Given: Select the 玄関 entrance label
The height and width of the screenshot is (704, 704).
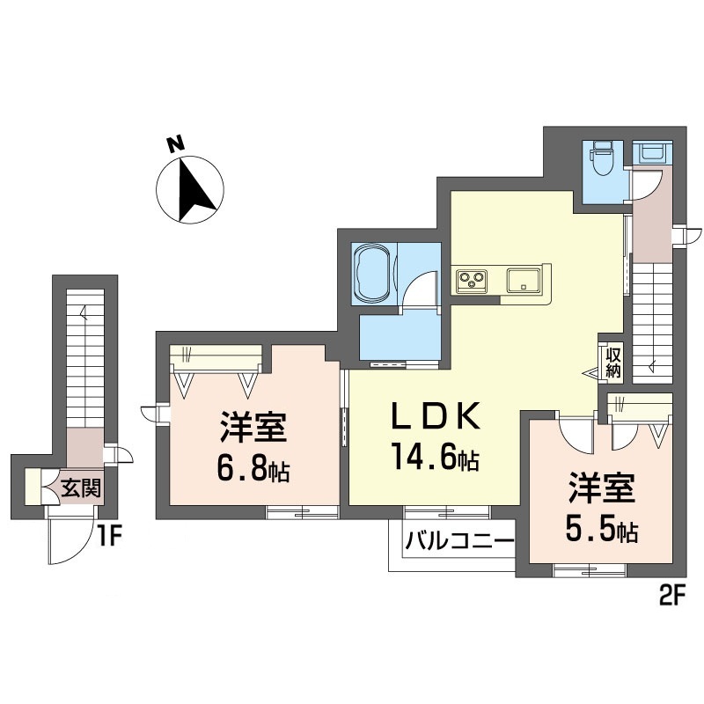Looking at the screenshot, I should coord(80,487).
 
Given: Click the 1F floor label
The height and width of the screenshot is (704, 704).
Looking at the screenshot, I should coord(107,533).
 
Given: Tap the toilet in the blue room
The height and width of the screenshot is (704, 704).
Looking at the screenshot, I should coord(604,160).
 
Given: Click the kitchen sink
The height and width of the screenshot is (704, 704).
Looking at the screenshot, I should coord(525,281).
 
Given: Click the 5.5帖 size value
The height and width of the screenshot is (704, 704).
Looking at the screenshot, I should coord(602,531).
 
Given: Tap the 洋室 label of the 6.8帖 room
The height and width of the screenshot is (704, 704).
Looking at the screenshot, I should coord(253,429).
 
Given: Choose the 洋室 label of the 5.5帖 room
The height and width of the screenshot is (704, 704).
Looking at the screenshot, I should coord(601,488).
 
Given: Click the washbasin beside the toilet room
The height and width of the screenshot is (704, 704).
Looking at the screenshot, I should coord(652,153).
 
